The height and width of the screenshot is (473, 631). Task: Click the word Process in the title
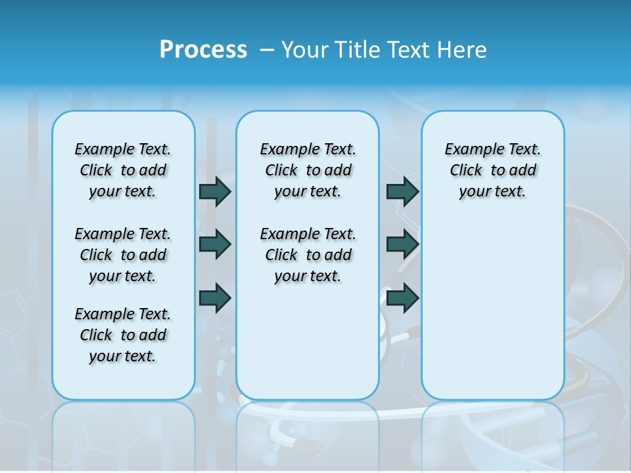[203, 50]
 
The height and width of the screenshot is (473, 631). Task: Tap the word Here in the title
[463, 50]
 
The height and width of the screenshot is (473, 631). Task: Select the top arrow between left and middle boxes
[215, 191]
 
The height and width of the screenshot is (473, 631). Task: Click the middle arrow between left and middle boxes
[215, 244]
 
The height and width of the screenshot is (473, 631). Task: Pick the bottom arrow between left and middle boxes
[215, 298]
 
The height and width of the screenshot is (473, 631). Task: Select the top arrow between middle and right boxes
[402, 191]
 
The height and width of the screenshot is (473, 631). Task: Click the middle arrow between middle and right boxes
[402, 244]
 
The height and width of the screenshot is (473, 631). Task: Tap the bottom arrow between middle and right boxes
[402, 298]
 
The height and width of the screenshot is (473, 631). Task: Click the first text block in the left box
[123, 170]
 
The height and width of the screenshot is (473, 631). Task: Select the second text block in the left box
[123, 255]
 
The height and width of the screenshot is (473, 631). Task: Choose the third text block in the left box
[123, 335]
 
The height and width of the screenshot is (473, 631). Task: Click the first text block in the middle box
[308, 170]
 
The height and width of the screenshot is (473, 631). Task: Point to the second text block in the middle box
[308, 255]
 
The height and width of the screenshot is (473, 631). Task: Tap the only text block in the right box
[492, 170]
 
